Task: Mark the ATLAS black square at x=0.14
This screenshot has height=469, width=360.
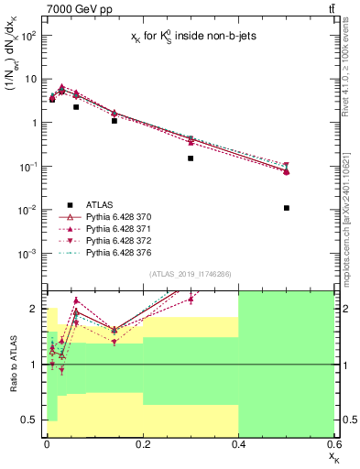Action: point(114,121)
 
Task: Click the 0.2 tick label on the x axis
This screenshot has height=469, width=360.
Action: point(142,443)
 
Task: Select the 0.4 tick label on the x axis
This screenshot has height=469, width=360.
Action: point(238,443)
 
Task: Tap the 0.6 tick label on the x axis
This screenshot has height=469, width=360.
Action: point(333,443)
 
